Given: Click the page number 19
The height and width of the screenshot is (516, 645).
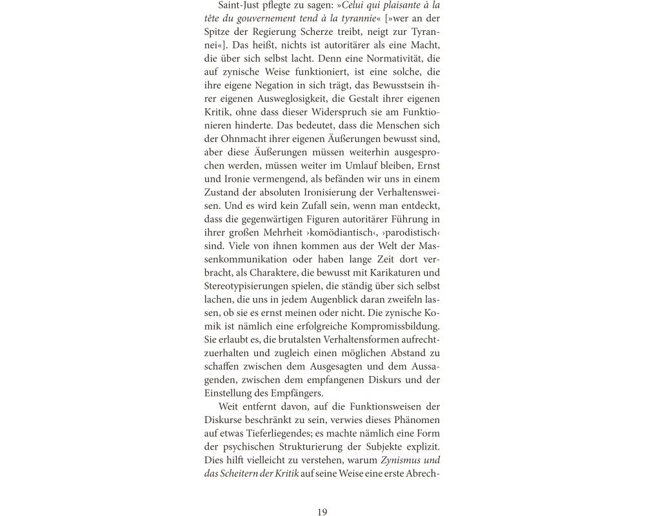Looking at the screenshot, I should (x=322, y=512).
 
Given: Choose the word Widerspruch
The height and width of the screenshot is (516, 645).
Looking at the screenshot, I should (x=344, y=112).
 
